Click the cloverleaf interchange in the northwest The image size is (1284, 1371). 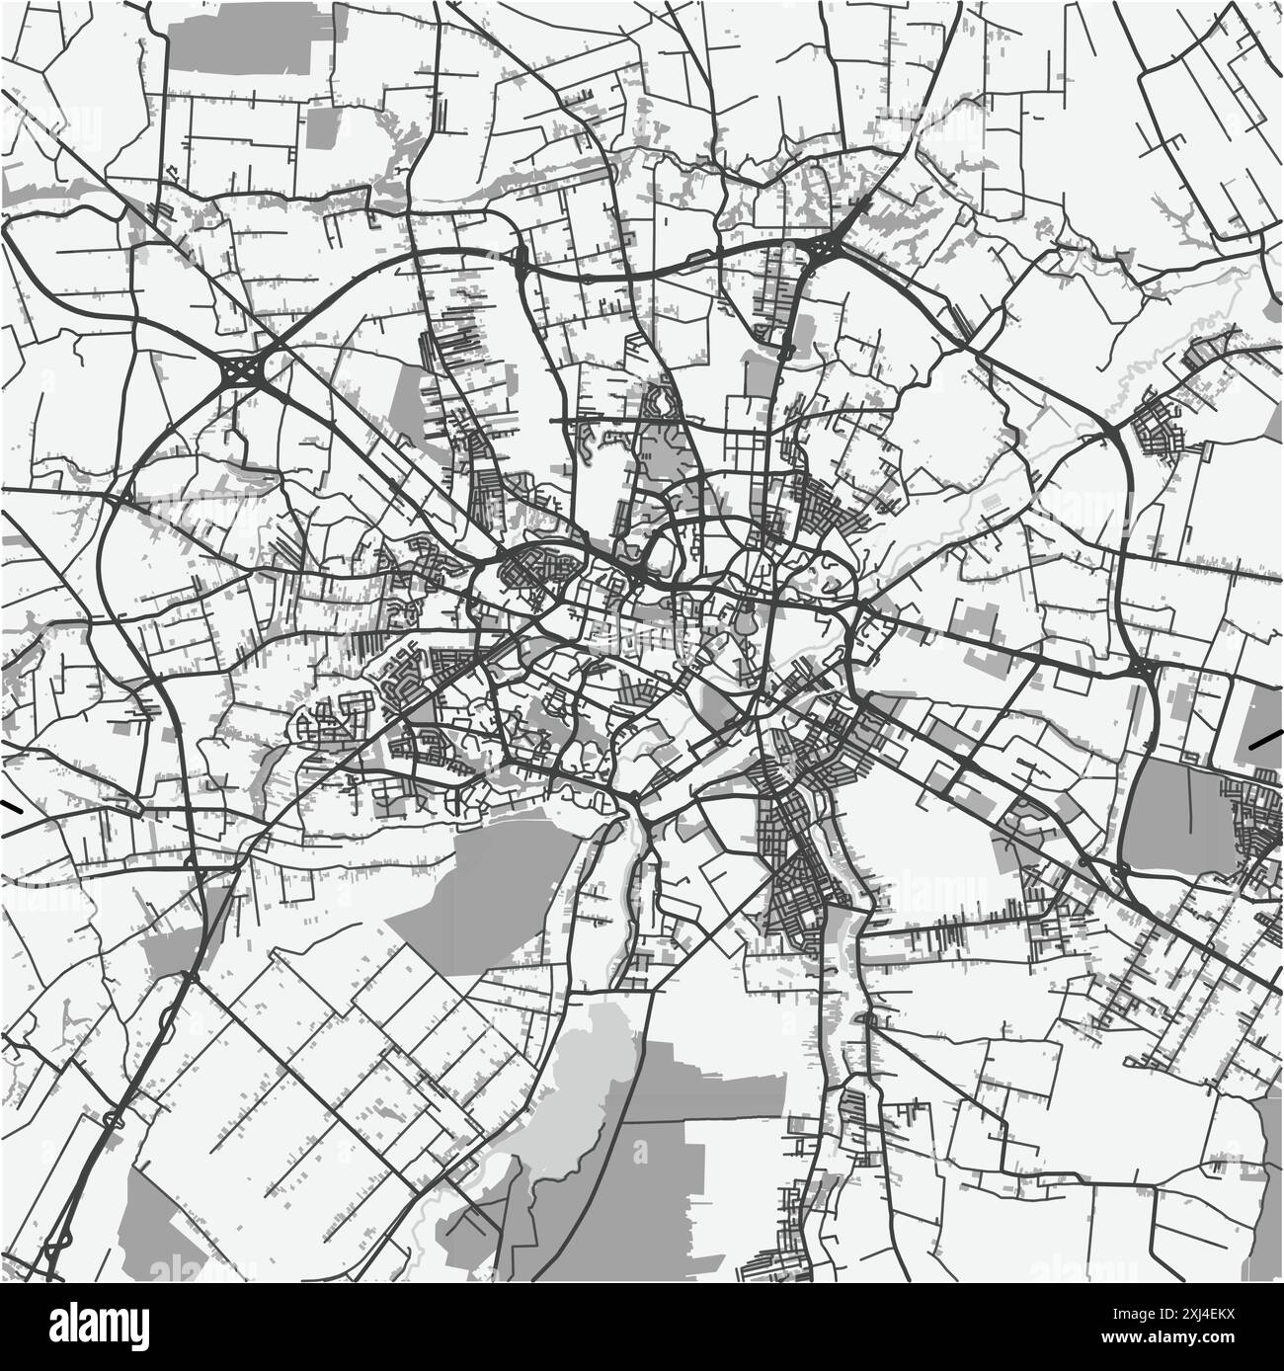[240, 373]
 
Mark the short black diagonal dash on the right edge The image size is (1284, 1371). [1263, 740]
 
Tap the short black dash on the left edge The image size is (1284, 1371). [12, 806]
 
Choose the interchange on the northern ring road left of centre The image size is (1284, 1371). [520, 261]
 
